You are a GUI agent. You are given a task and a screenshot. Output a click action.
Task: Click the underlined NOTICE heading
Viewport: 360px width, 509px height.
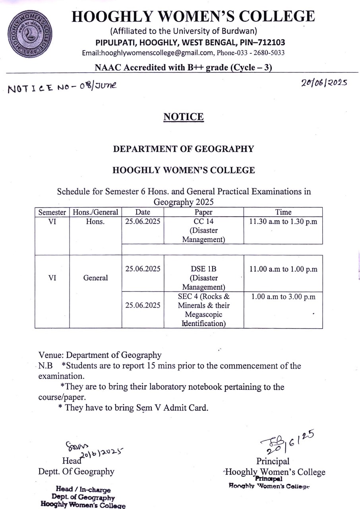click(184, 117)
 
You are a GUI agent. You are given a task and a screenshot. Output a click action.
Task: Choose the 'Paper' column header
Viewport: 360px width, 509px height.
click(203, 212)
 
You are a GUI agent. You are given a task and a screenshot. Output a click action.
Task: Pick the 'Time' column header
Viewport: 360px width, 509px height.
click(283, 212)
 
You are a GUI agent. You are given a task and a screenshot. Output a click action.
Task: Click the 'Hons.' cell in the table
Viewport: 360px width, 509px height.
click(95, 222)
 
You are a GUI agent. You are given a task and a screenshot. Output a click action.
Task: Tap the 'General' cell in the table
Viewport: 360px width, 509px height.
click(95, 278)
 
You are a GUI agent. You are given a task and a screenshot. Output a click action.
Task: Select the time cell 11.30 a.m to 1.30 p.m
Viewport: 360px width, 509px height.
click(283, 222)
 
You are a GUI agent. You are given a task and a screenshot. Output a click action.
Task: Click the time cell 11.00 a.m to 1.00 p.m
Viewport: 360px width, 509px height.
click(283, 269)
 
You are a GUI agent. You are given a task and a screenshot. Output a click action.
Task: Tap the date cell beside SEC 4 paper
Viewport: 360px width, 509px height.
click(143, 305)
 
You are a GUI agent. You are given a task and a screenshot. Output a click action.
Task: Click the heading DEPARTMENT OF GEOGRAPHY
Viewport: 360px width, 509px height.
click(184, 149)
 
